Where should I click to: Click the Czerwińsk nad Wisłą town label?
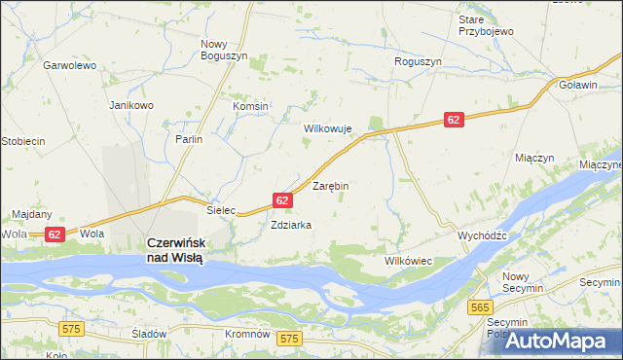pos(174,250)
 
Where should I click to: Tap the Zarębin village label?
pos(330,185)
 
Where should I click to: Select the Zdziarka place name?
pos(291,225)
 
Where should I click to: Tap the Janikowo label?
pos(131,105)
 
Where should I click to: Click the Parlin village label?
pos(189,139)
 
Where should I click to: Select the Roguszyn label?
pos(418,61)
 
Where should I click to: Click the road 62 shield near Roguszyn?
pos(454,119)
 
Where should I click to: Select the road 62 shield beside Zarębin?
pos(281,199)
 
